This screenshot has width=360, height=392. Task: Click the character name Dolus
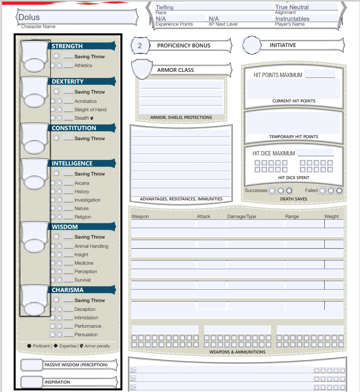point(29,17)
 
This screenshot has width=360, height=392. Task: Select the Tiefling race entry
point(165,7)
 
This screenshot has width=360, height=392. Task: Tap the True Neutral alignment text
point(292,7)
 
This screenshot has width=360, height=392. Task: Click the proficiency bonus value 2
point(140,46)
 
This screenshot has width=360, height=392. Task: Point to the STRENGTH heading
point(67,46)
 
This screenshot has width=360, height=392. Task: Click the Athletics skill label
point(83,65)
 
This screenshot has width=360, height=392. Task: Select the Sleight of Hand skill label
point(90,110)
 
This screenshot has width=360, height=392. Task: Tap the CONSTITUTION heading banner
point(74,128)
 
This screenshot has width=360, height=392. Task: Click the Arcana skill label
point(82,183)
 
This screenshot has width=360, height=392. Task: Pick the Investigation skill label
point(87,200)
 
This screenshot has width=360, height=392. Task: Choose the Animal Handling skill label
point(91,246)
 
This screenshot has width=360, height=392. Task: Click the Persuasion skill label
point(86,335)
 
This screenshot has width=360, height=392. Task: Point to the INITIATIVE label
point(283,45)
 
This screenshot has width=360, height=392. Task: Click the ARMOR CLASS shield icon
point(142,69)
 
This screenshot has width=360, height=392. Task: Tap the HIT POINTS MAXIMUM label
point(278,75)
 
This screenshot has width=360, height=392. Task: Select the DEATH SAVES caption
point(294,199)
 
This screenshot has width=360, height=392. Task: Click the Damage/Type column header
point(242,216)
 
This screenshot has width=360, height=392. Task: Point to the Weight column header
point(332,216)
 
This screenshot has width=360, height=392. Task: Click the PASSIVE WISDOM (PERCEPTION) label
point(76,365)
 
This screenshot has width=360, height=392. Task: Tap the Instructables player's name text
point(292,19)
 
